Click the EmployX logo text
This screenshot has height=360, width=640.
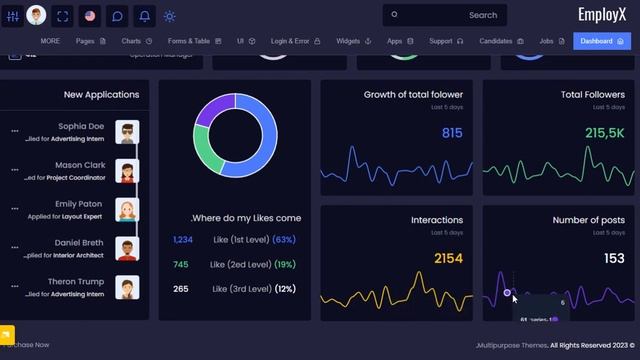coord(603,14)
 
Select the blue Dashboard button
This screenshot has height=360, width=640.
coord(602,41)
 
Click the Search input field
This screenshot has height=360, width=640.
coord(444,15)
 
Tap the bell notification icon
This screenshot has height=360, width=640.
coord(144,16)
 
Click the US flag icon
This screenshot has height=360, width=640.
coord(90,16)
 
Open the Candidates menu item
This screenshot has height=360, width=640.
coord(501,41)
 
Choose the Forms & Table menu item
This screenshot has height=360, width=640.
coord(194,41)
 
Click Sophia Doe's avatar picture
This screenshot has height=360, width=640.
coord(127,132)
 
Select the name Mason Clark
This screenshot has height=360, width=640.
coord(80,165)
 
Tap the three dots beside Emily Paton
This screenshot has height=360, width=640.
coord(14,209)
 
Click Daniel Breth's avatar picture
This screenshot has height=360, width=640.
coord(127,248)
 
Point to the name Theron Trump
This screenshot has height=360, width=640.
coord(76,282)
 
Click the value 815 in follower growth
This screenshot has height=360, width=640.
coord(452,133)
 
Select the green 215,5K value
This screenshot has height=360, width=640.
coord(605,133)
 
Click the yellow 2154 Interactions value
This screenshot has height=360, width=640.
coord(448,259)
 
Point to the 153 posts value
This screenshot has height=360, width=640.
coord(613,259)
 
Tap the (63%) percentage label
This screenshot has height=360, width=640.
coord(283,240)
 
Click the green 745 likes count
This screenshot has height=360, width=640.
coord(181,265)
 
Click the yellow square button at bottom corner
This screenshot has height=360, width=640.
coord(7,335)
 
